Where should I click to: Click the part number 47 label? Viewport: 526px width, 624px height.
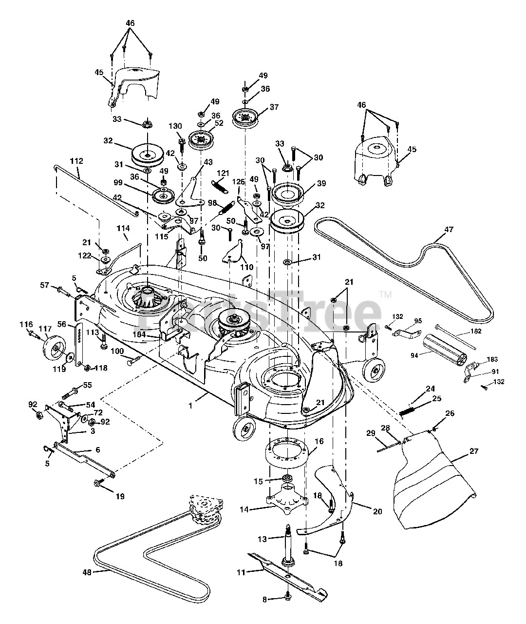449,230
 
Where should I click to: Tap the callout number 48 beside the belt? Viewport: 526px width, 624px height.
87,573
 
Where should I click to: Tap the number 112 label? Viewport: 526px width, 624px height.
76,161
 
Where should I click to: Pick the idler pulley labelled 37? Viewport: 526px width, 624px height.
245,117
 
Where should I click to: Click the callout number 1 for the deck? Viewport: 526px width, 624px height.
190,406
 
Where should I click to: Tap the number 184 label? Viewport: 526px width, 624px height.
139,334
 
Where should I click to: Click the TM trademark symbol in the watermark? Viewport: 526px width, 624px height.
386,295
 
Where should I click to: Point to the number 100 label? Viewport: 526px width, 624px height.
117,351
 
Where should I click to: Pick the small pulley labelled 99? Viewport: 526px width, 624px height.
164,196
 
